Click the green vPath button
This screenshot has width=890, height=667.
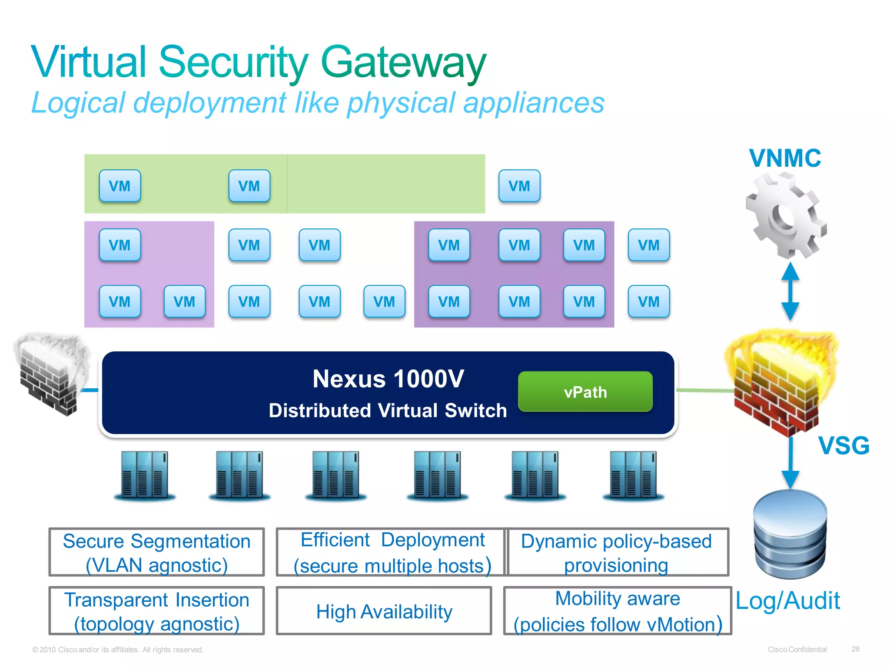(x=585, y=391)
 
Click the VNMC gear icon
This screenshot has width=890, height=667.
(x=786, y=215)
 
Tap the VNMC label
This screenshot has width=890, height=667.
(x=785, y=158)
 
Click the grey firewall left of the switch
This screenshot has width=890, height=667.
(x=51, y=373)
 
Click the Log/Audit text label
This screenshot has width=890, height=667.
(x=787, y=601)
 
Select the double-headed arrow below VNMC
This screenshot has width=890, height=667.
(x=790, y=291)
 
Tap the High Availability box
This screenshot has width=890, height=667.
(x=384, y=611)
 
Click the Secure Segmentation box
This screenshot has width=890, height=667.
(x=156, y=552)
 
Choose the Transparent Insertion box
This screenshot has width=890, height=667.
(x=156, y=611)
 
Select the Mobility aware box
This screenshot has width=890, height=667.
(x=618, y=611)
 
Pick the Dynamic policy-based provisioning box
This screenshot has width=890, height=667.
(x=618, y=552)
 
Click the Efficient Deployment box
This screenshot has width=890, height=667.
(x=392, y=552)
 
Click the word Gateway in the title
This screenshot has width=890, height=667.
(x=403, y=63)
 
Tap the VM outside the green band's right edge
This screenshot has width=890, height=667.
(x=519, y=186)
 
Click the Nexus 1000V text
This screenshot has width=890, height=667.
(x=388, y=379)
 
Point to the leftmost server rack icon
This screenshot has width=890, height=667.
(x=145, y=475)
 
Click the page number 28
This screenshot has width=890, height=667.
(x=855, y=649)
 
